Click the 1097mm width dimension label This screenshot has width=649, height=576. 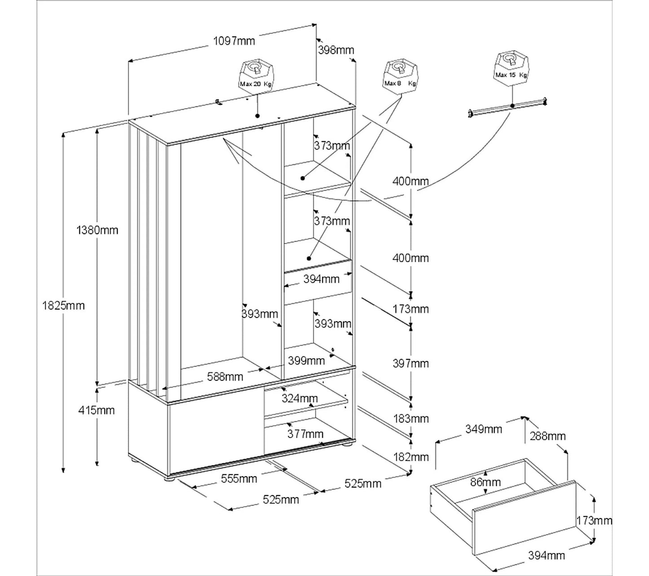click(234, 41)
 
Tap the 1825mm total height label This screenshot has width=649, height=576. click(63, 306)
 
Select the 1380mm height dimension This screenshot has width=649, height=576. click(97, 230)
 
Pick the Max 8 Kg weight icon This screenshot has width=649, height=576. click(401, 75)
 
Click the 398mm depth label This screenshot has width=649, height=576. click(336, 50)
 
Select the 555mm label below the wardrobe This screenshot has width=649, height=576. click(239, 479)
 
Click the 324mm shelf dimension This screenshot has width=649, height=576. click(300, 398)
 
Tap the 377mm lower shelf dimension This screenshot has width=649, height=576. click(305, 434)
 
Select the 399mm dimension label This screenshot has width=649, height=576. click(306, 360)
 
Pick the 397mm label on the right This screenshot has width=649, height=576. click(411, 363)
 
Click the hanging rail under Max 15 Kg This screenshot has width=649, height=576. click(508, 107)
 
